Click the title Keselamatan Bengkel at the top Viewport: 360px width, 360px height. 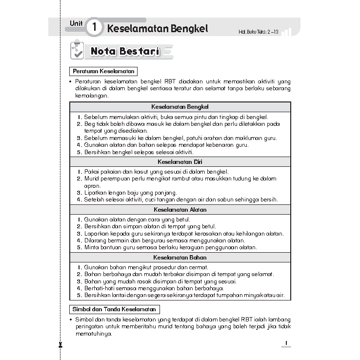157,28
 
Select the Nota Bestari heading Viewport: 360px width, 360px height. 125,51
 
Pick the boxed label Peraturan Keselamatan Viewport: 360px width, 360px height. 103,71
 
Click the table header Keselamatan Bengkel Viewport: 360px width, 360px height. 180,106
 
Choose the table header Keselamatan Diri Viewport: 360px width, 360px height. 180,161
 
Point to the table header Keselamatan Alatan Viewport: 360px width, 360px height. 180,210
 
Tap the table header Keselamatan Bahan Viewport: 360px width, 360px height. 180,258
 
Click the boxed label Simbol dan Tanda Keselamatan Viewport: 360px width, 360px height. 114,309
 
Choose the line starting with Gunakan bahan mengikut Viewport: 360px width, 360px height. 146,267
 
